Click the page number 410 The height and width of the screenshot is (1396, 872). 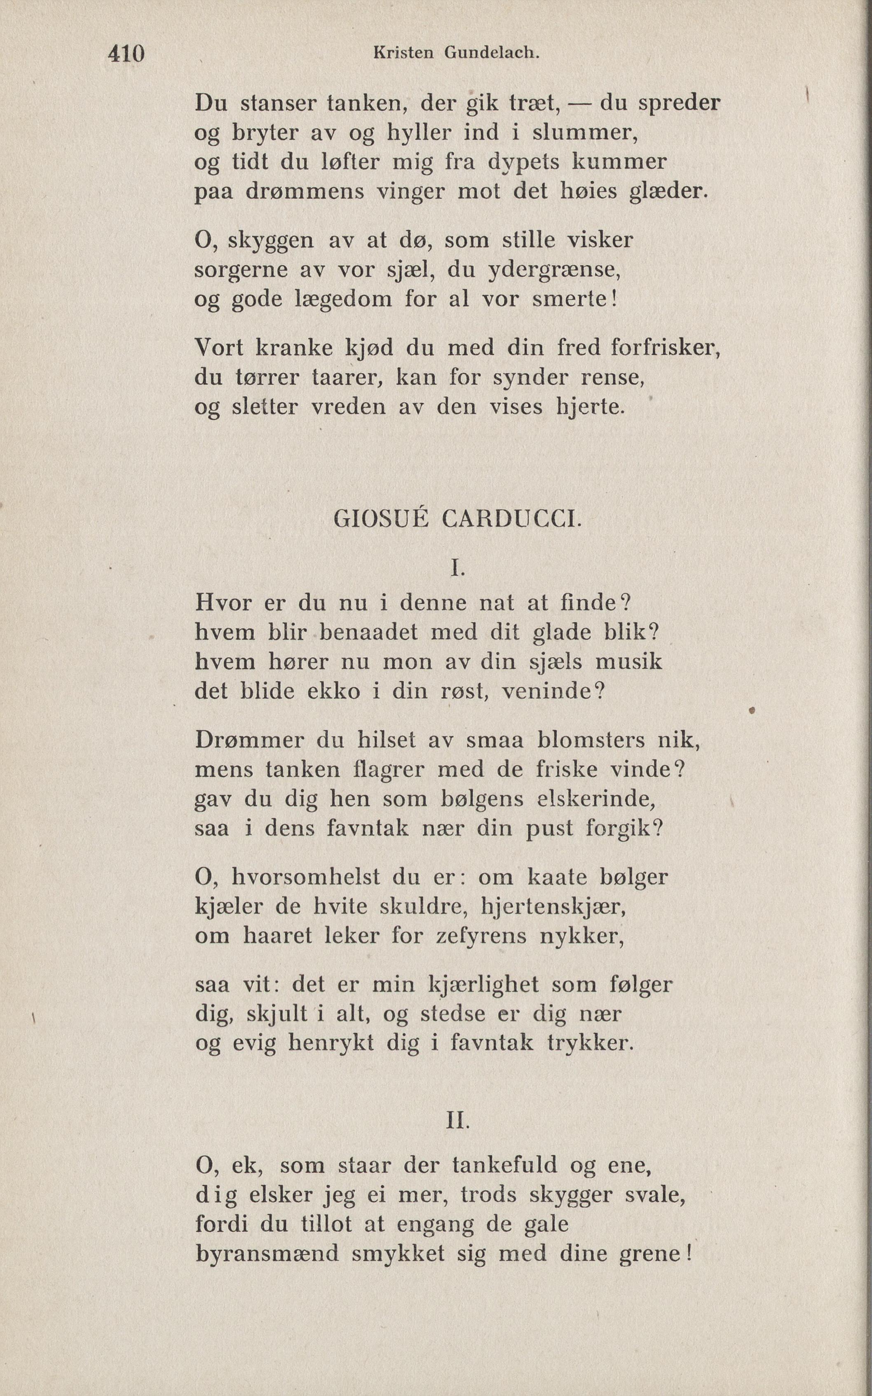pyautogui.click(x=126, y=54)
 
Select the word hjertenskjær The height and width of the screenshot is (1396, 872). pyautogui.click(x=553, y=906)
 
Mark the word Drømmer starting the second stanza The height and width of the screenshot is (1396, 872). pyautogui.click(x=249, y=740)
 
